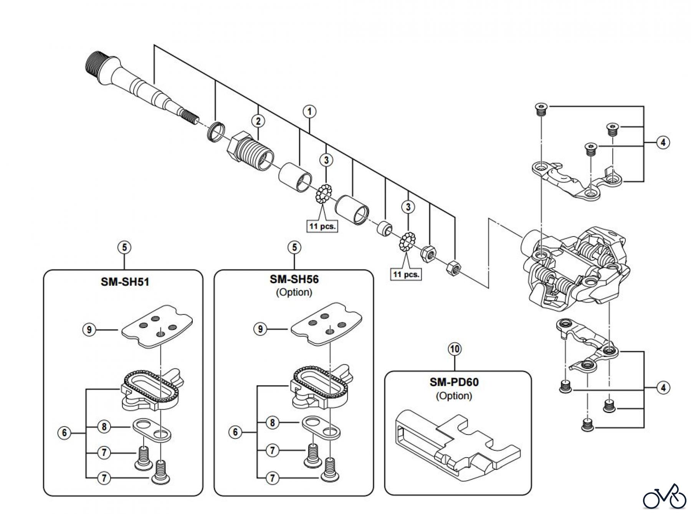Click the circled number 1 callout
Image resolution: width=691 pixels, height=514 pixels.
tap(309, 112)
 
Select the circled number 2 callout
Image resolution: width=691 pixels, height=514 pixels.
tap(258, 121)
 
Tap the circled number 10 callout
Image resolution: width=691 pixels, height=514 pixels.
tap(455, 349)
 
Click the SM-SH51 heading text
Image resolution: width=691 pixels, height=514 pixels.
tap(125, 282)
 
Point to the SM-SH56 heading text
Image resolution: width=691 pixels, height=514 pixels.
tap(294, 279)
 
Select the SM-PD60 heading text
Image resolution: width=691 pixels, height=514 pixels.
tap(454, 382)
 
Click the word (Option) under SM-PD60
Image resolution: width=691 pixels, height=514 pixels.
tap(454, 396)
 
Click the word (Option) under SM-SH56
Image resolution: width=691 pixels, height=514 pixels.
tap(294, 293)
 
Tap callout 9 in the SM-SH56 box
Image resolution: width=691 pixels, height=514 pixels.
tap(260, 329)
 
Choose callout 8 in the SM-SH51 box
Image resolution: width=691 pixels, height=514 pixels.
tap(104, 426)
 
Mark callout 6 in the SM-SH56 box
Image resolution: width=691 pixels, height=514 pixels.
tap(235, 432)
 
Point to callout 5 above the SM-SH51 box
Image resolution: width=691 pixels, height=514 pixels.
tap(124, 247)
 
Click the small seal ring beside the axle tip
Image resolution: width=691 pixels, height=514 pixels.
tap(216, 133)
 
